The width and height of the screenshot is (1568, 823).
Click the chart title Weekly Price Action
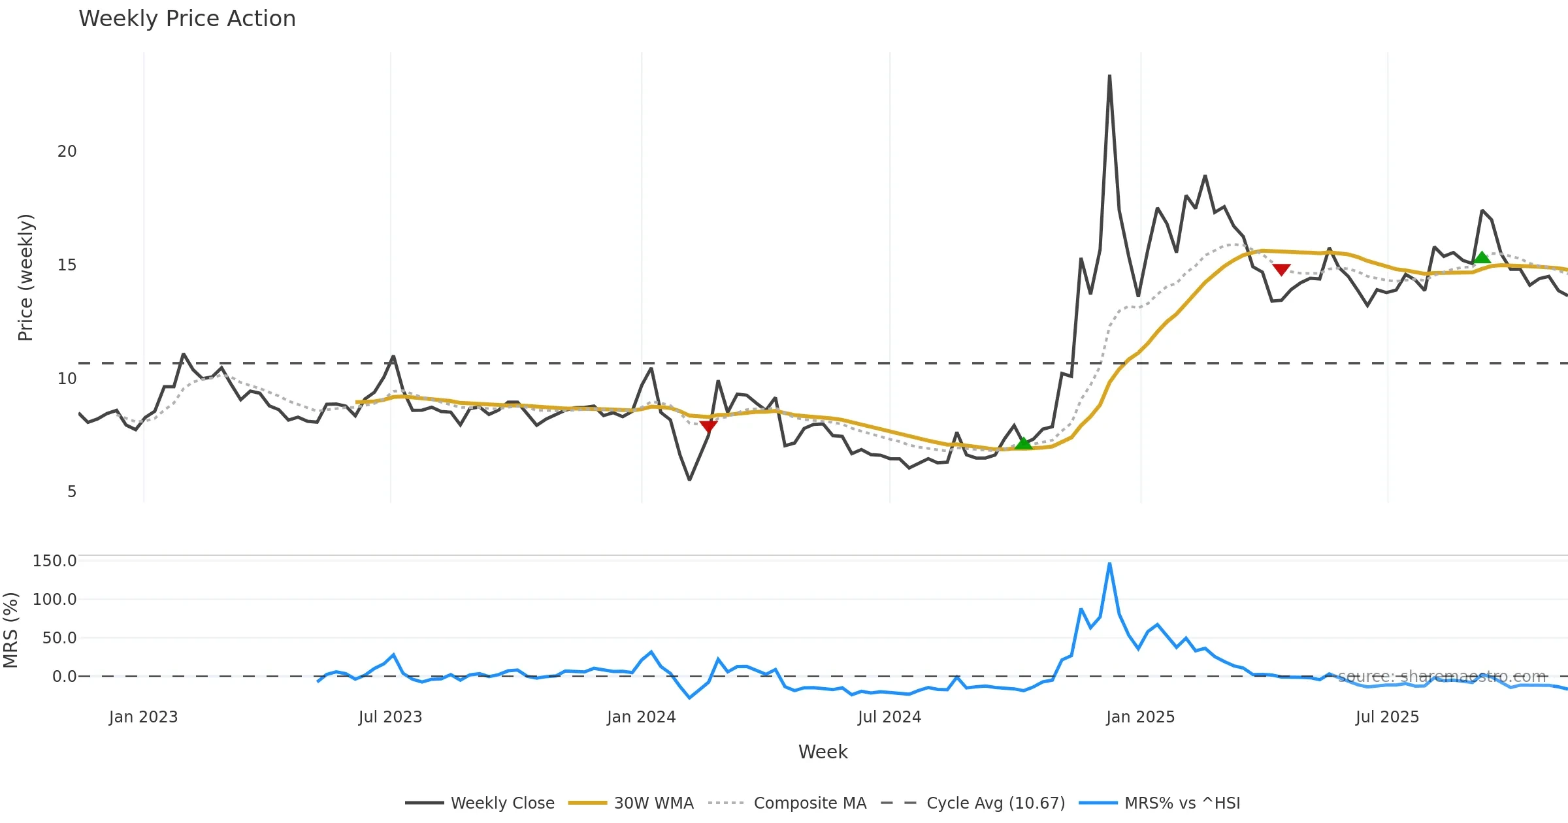(x=187, y=19)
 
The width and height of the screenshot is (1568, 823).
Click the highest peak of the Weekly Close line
(x=1109, y=76)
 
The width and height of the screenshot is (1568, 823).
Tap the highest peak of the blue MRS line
(x=1109, y=564)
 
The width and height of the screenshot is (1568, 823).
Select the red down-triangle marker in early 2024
(x=708, y=427)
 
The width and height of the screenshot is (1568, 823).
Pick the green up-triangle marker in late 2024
(x=1023, y=444)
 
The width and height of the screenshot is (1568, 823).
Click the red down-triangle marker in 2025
(x=1281, y=269)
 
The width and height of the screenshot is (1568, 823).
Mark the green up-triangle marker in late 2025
(x=1482, y=257)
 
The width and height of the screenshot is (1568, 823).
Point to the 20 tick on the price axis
(x=67, y=152)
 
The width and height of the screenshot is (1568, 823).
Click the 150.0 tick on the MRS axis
(x=54, y=561)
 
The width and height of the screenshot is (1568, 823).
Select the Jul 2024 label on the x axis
(x=889, y=717)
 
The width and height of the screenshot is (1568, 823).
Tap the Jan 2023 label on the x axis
(x=143, y=717)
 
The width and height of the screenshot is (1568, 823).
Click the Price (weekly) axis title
(x=25, y=278)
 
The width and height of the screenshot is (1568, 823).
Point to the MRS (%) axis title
(x=10, y=630)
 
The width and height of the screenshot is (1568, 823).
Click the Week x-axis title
(x=823, y=752)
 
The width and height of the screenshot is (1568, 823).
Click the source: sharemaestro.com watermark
(x=1442, y=676)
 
